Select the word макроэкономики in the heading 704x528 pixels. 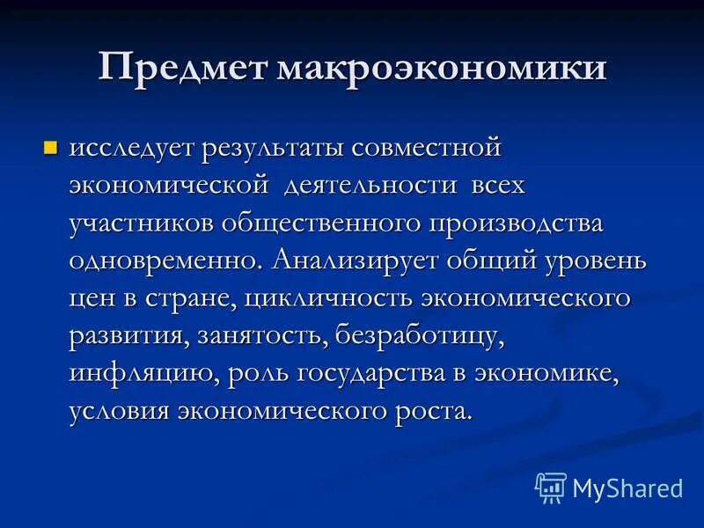pos(443,69)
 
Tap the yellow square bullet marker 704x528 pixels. pos(51,146)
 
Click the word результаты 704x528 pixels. pos(272,148)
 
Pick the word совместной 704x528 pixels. pos(426,148)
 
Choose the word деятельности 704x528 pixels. pos(382,186)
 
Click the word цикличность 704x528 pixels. pos(329,298)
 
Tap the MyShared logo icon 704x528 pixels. pos(551,487)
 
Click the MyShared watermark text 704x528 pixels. pos(627,488)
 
